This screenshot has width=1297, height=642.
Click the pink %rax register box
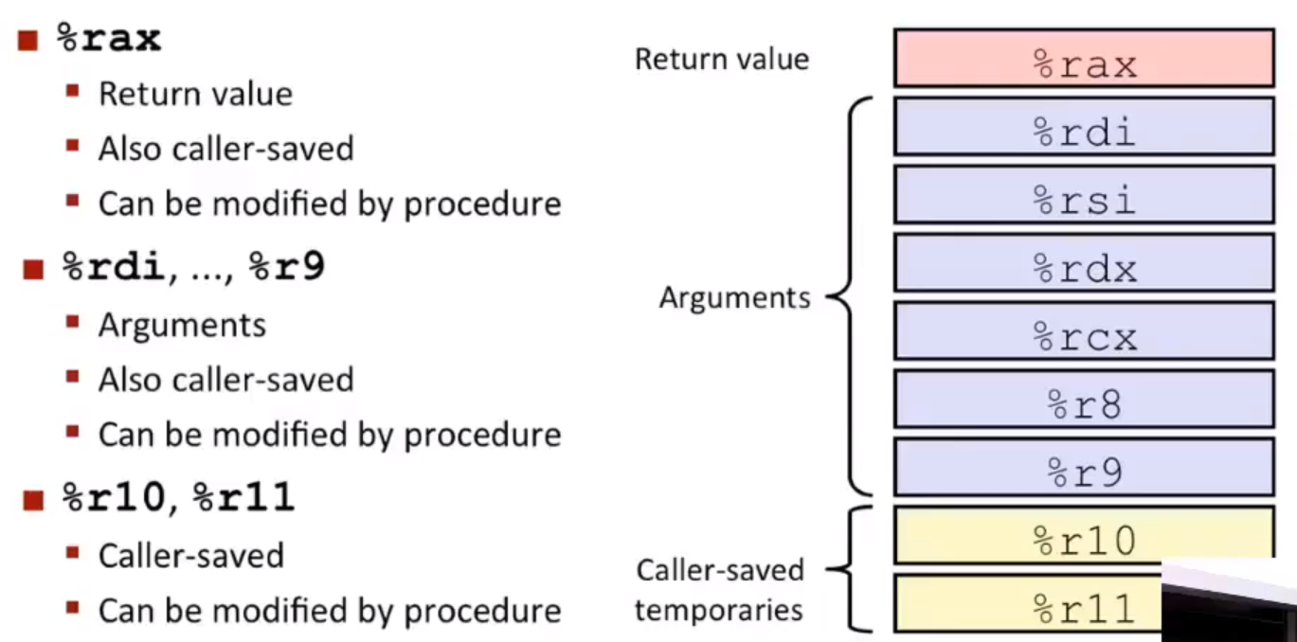1084,58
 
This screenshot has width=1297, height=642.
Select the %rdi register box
1084,127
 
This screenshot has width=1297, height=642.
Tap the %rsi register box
1084,195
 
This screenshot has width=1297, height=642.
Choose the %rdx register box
1084,263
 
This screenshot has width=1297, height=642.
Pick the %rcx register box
1084,331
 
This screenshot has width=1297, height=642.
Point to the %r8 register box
1084,400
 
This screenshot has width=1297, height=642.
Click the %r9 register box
1084,468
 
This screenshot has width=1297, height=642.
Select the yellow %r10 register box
1084,536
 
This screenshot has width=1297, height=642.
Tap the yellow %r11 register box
1028,603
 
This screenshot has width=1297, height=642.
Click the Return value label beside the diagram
722,59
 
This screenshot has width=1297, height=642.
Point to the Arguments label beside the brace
735,298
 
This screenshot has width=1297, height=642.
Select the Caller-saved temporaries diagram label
720,590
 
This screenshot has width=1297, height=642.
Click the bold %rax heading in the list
109,39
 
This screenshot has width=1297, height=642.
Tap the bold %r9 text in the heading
287,266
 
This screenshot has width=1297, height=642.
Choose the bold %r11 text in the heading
243,497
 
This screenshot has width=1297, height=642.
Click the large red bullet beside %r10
33,500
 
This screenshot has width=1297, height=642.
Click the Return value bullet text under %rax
196,95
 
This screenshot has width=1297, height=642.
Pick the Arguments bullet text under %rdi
183,326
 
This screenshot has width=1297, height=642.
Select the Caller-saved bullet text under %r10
191,556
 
